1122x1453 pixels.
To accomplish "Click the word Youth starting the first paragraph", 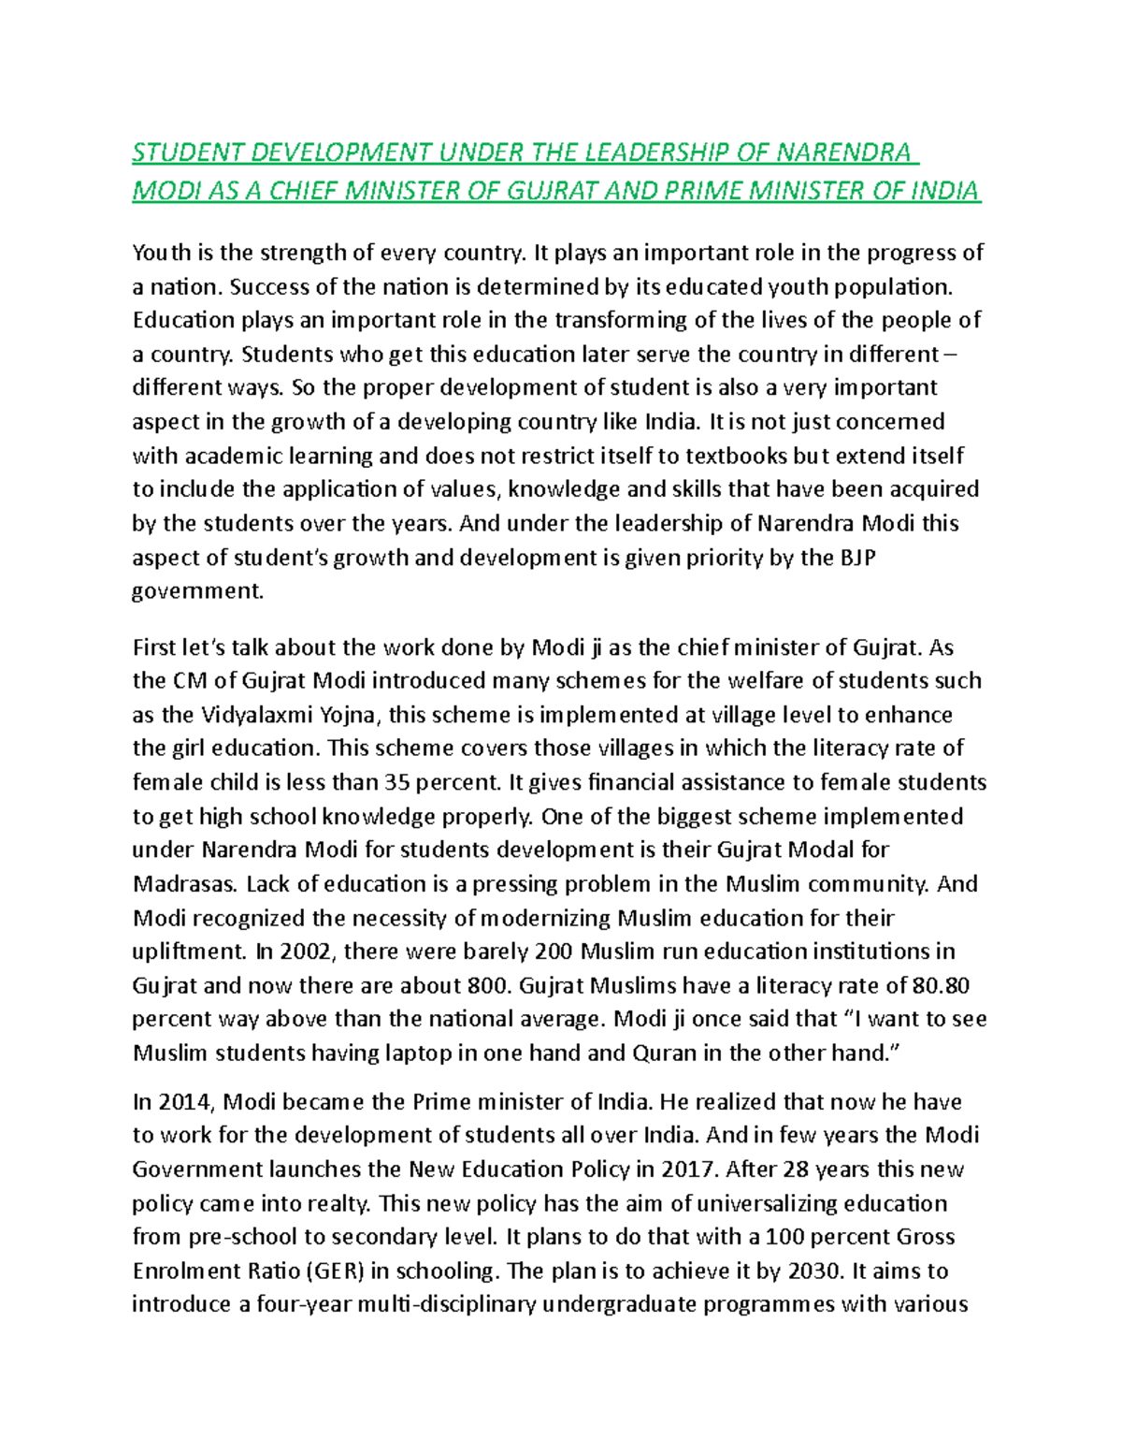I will point(161,253).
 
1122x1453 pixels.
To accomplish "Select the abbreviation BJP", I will point(857,558).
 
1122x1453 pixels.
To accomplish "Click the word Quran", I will point(665,1053).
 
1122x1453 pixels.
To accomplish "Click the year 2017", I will point(688,1170).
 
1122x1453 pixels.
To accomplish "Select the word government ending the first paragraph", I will point(197,591).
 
